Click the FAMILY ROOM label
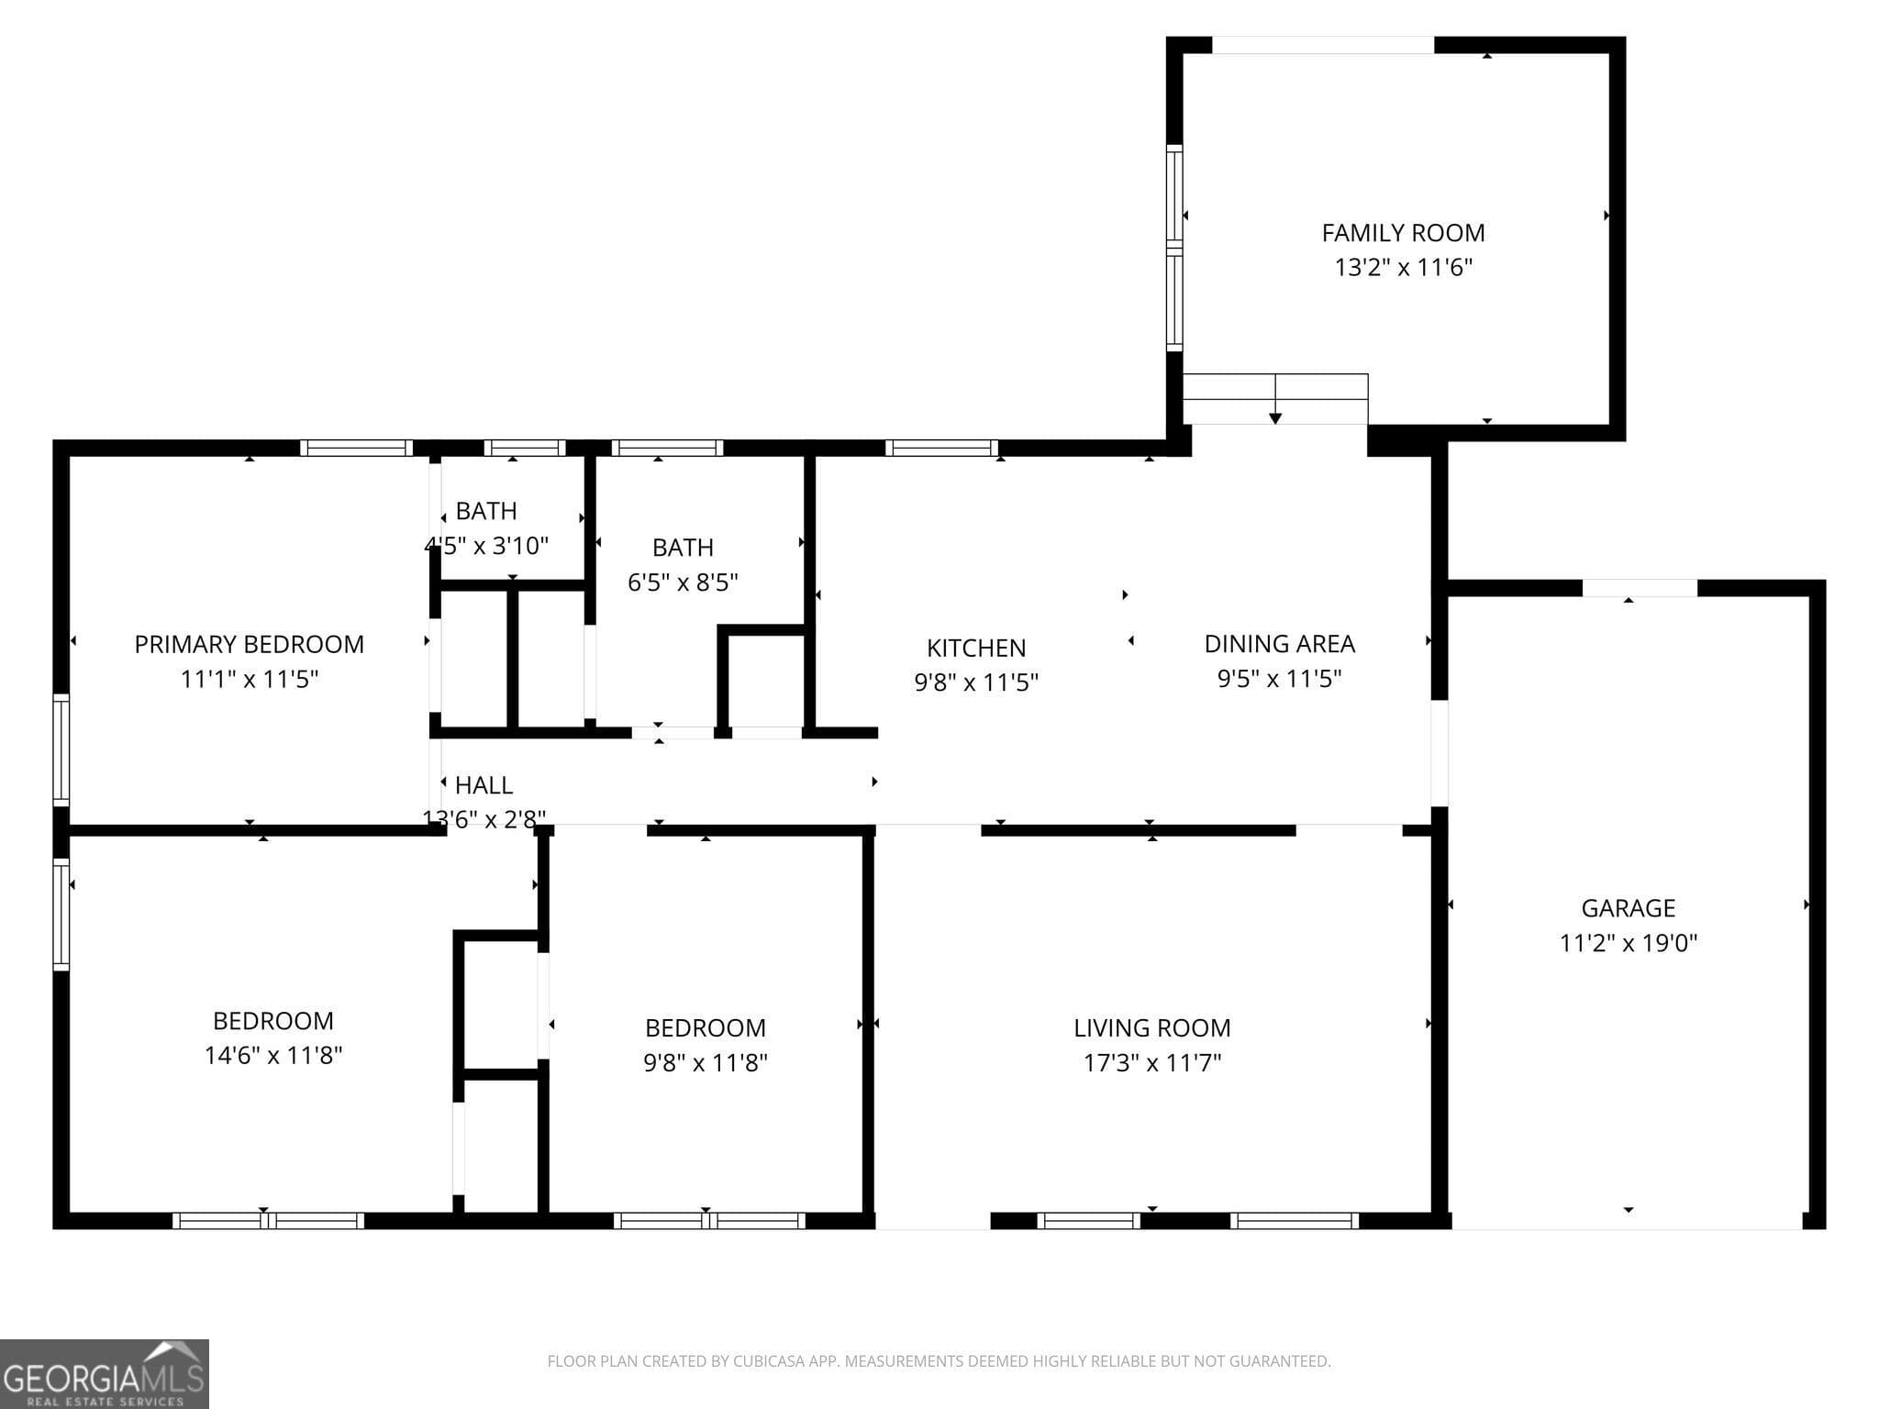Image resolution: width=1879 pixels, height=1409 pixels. (x=1403, y=233)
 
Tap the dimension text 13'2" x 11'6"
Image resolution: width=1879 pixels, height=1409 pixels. (x=1403, y=268)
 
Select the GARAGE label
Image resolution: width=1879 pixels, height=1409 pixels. (x=1628, y=908)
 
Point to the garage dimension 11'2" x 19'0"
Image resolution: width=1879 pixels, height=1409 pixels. (x=1628, y=943)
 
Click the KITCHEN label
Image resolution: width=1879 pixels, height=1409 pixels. (x=976, y=649)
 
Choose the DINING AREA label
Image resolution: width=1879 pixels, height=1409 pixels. (x=1279, y=644)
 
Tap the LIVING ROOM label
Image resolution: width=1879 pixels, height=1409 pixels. (x=1151, y=1028)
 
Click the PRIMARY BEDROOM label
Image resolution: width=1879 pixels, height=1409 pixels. (x=250, y=645)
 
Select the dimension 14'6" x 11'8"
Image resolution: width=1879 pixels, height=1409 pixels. (x=273, y=1056)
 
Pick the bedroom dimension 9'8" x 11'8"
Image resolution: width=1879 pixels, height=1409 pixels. (x=705, y=1063)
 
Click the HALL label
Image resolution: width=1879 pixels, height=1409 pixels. (x=484, y=786)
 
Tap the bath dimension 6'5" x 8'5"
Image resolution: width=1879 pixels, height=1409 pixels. (x=683, y=582)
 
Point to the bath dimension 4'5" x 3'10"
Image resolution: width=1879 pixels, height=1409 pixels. (x=486, y=546)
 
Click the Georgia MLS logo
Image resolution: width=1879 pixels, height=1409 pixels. (x=104, y=1373)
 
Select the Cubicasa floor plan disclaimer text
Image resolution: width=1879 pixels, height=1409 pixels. (x=939, y=1361)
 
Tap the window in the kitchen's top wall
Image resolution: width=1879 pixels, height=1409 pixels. (x=941, y=449)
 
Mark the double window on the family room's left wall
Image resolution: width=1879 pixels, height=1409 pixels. (x=1173, y=248)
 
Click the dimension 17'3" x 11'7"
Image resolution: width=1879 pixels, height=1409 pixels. (x=1151, y=1063)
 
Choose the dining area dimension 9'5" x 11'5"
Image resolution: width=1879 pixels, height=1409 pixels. (x=1279, y=679)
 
